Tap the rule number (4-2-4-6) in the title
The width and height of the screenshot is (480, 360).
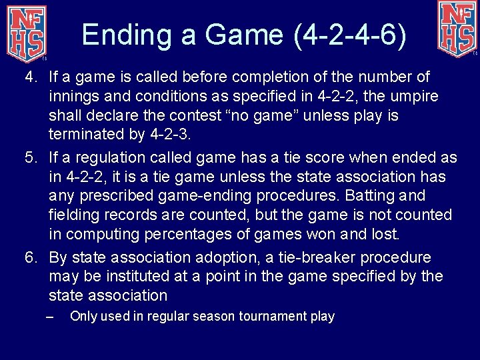(x=350, y=35)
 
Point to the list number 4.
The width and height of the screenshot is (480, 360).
(x=30, y=78)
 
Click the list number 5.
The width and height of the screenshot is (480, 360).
(x=30, y=158)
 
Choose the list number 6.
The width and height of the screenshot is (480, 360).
(x=30, y=257)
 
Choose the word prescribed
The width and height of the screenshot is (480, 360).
(x=119, y=196)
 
